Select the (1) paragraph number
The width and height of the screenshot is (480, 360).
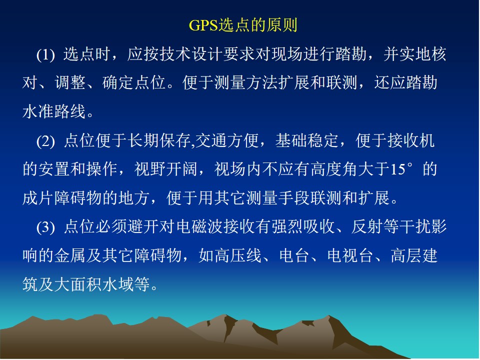(45, 55)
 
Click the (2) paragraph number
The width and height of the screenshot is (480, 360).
(45, 141)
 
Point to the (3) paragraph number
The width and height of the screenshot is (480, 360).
(45, 227)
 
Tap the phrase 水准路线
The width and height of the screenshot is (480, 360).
(54, 111)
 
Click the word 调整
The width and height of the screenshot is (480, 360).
(70, 82)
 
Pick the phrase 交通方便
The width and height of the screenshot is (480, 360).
(227, 141)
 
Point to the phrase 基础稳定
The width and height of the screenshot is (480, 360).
(307, 141)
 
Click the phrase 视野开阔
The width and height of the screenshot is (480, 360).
(166, 169)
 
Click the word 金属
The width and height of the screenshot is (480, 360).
(70, 255)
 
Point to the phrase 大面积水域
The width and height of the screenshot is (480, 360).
(94, 284)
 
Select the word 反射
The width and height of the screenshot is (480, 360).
(367, 227)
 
